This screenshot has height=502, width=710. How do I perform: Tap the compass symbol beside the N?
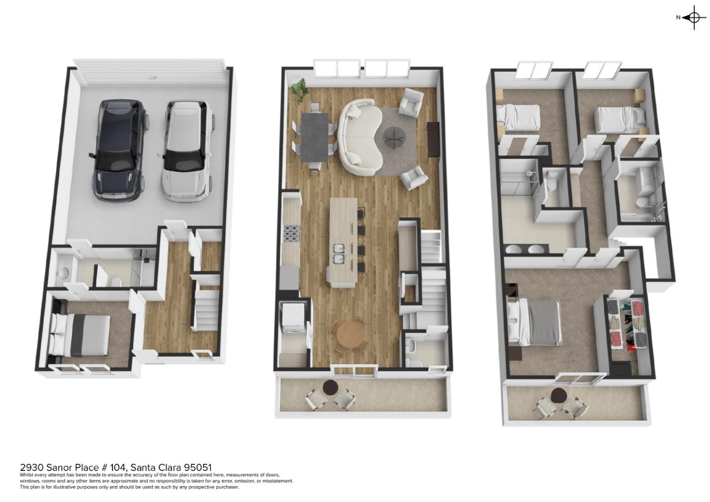point(694,18)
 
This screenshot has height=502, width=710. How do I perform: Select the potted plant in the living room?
point(298,90)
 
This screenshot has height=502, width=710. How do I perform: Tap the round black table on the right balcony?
point(559,395)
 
